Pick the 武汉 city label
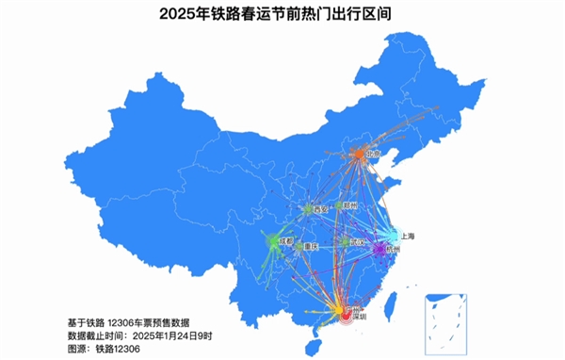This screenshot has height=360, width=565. click(357, 242)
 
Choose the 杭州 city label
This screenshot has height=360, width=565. click(392, 250)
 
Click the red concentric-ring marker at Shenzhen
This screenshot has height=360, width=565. click(345, 318)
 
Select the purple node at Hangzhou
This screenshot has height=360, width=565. click(379, 250)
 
